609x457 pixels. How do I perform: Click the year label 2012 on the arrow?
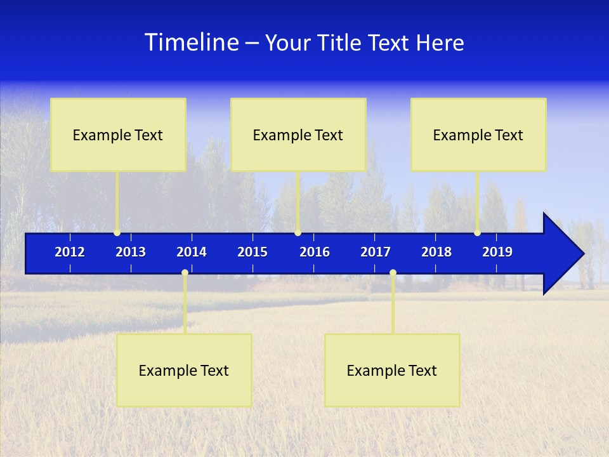point(70,252)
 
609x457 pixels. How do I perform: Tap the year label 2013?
point(131,252)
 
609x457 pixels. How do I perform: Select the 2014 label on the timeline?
point(192,252)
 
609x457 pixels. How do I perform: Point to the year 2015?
point(252,252)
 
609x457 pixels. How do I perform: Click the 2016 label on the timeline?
point(315,252)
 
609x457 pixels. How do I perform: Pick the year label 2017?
point(376,252)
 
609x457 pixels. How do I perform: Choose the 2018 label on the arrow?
point(436,252)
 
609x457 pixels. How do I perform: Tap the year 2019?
point(497,252)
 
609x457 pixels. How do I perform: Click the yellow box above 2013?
point(118,135)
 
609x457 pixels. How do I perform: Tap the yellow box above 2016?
point(298,135)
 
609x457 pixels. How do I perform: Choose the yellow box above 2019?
point(478,135)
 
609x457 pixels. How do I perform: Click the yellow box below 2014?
point(184,370)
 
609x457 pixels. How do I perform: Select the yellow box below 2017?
point(392,370)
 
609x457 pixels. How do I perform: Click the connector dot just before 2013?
point(117,232)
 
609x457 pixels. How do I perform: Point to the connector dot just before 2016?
point(298,232)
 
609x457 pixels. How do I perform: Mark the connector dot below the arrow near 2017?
point(393,272)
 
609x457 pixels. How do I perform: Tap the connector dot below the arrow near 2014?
point(185,272)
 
